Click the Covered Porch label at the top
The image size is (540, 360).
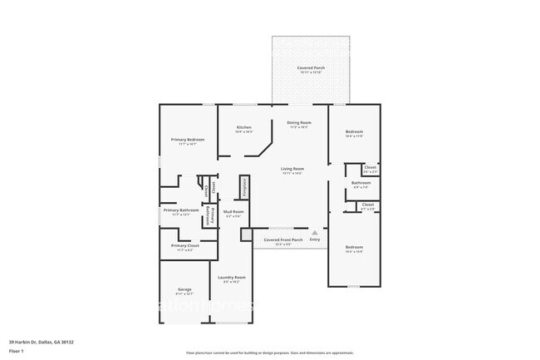312,68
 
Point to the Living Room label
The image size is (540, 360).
292,169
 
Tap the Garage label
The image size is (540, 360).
184,290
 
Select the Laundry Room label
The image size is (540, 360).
231,278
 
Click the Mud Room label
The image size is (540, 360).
233,212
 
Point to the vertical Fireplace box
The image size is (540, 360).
244,187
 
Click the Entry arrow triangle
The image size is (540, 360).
314,233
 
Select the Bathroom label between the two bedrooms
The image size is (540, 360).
361,183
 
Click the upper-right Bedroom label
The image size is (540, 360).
354,132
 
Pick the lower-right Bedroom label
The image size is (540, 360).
354,247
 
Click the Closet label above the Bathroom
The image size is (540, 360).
370,168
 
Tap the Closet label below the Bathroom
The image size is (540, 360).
368,205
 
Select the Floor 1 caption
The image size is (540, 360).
17,351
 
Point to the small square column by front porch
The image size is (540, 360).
245,235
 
